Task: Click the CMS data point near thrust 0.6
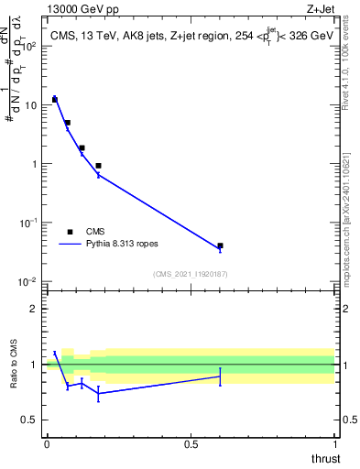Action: coord(220,245)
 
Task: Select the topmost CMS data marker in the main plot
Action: coord(55,99)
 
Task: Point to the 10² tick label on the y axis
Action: coord(27,46)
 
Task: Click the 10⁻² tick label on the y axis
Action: coord(27,281)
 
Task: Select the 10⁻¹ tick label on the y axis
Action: coord(27,223)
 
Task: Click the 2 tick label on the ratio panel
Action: coord(34,309)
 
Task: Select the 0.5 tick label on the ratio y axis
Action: coord(29,420)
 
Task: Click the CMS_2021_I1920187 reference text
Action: coord(190,274)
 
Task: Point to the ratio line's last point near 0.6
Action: coord(220,376)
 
